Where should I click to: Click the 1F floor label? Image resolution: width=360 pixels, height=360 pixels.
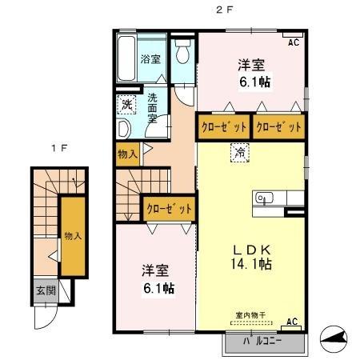[x=55, y=148]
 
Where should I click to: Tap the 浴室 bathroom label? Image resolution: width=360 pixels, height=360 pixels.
[x=150, y=58]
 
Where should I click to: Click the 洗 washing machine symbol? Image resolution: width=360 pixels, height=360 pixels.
[x=126, y=103]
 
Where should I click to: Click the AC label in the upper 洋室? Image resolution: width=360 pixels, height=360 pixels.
[x=293, y=42]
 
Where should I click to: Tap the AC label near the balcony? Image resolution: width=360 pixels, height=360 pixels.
[x=292, y=322]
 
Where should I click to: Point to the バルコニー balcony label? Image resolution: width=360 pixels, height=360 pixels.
[x=264, y=342]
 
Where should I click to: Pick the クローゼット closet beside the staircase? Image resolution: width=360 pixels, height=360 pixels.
[x=169, y=208]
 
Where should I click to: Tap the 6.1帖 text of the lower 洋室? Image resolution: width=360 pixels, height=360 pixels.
[x=160, y=288]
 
